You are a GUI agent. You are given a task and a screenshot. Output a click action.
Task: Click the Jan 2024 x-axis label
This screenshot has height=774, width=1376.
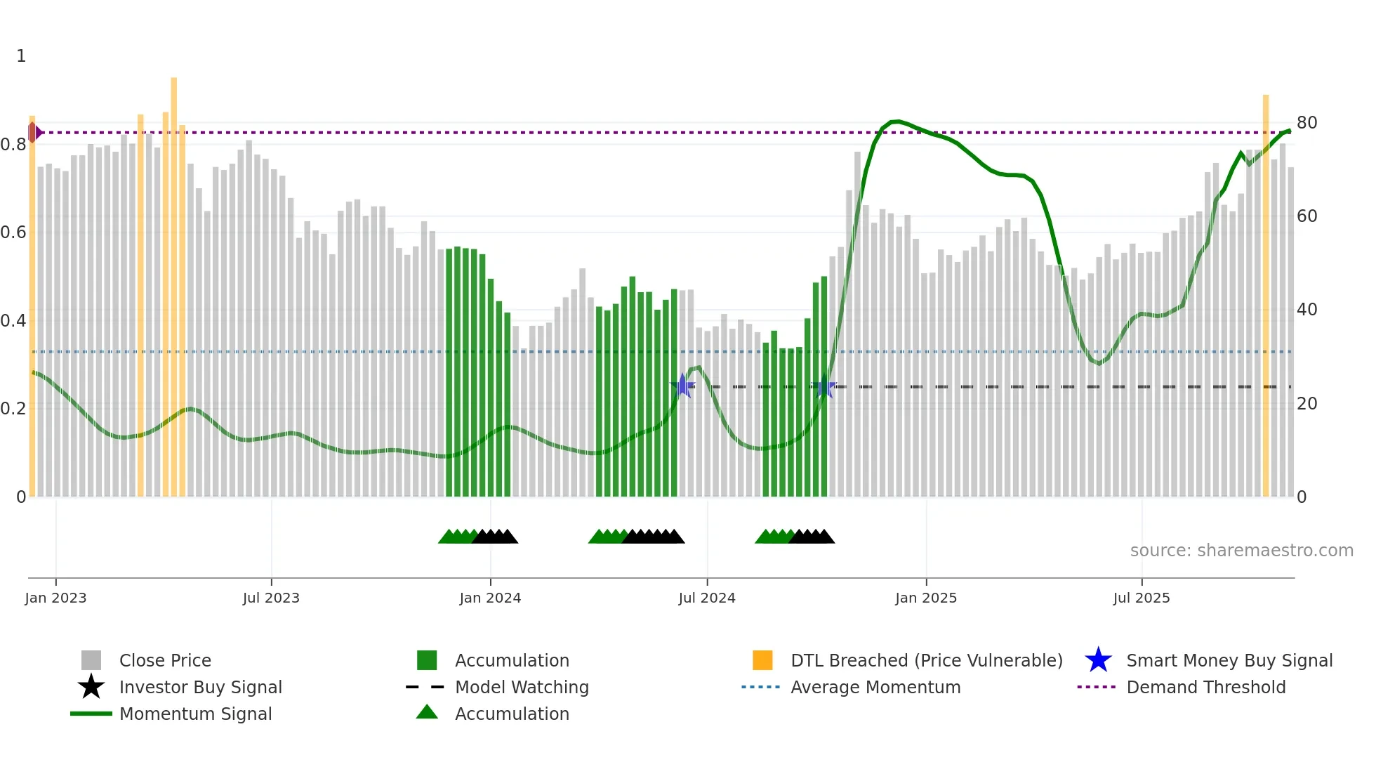[x=490, y=598]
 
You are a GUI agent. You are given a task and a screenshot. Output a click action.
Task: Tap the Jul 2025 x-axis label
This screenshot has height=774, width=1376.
[x=1142, y=598]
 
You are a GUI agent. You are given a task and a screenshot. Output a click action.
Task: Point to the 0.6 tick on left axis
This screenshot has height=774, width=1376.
[x=13, y=232]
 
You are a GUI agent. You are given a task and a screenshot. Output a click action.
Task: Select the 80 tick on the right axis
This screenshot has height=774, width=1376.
[x=1306, y=123]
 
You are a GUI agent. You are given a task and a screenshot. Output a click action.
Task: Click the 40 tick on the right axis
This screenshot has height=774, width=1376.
[x=1306, y=310]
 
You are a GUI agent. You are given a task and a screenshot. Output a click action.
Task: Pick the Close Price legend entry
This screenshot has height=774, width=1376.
[x=165, y=660]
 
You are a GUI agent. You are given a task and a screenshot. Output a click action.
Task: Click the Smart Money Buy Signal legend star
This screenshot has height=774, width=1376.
[x=1098, y=660]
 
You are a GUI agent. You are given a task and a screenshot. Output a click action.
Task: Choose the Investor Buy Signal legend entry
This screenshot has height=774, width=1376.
[x=200, y=687]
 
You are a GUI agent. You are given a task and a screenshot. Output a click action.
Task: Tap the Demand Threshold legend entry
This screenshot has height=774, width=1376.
[x=1205, y=687]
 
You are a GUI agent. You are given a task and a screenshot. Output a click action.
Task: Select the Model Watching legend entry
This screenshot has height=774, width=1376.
[x=522, y=687]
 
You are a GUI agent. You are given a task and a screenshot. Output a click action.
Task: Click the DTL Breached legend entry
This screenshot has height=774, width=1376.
[x=926, y=660]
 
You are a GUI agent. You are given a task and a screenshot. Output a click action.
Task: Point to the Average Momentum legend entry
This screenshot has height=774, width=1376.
[x=875, y=687]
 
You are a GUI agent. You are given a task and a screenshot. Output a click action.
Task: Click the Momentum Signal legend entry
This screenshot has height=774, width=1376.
[x=195, y=714]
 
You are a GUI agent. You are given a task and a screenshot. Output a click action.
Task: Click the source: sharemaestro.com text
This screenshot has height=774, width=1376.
[x=1241, y=551]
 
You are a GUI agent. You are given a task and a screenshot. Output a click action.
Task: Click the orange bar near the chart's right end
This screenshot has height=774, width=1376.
[x=1266, y=295]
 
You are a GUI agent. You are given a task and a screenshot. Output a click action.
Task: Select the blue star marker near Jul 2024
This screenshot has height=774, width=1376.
[x=682, y=386]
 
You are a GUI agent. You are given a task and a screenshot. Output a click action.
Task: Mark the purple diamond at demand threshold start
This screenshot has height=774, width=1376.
[x=33, y=132]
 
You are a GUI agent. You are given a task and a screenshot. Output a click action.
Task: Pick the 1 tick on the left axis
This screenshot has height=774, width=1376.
[x=21, y=56]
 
